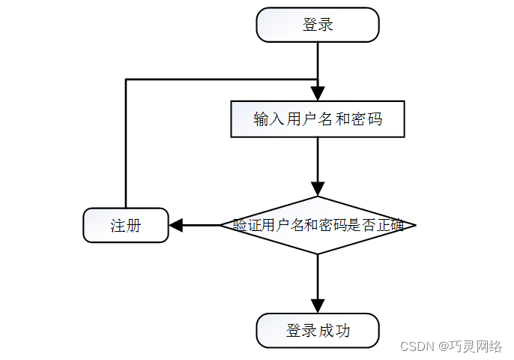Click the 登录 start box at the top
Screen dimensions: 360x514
coord(318,25)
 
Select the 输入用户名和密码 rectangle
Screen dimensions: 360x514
coord(318,119)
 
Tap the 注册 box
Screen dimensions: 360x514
coord(126,225)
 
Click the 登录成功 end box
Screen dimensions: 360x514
coord(318,331)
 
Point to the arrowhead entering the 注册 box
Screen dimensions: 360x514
coord(176,225)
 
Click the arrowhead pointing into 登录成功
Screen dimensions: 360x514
coord(318,305)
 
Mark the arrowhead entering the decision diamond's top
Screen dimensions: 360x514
coord(318,188)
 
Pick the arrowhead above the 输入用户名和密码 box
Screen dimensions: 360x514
coord(318,93)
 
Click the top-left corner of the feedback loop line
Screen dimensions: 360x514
coord(126,79)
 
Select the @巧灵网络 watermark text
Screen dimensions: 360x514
coord(470,346)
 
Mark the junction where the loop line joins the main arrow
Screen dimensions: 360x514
coord(318,79)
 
